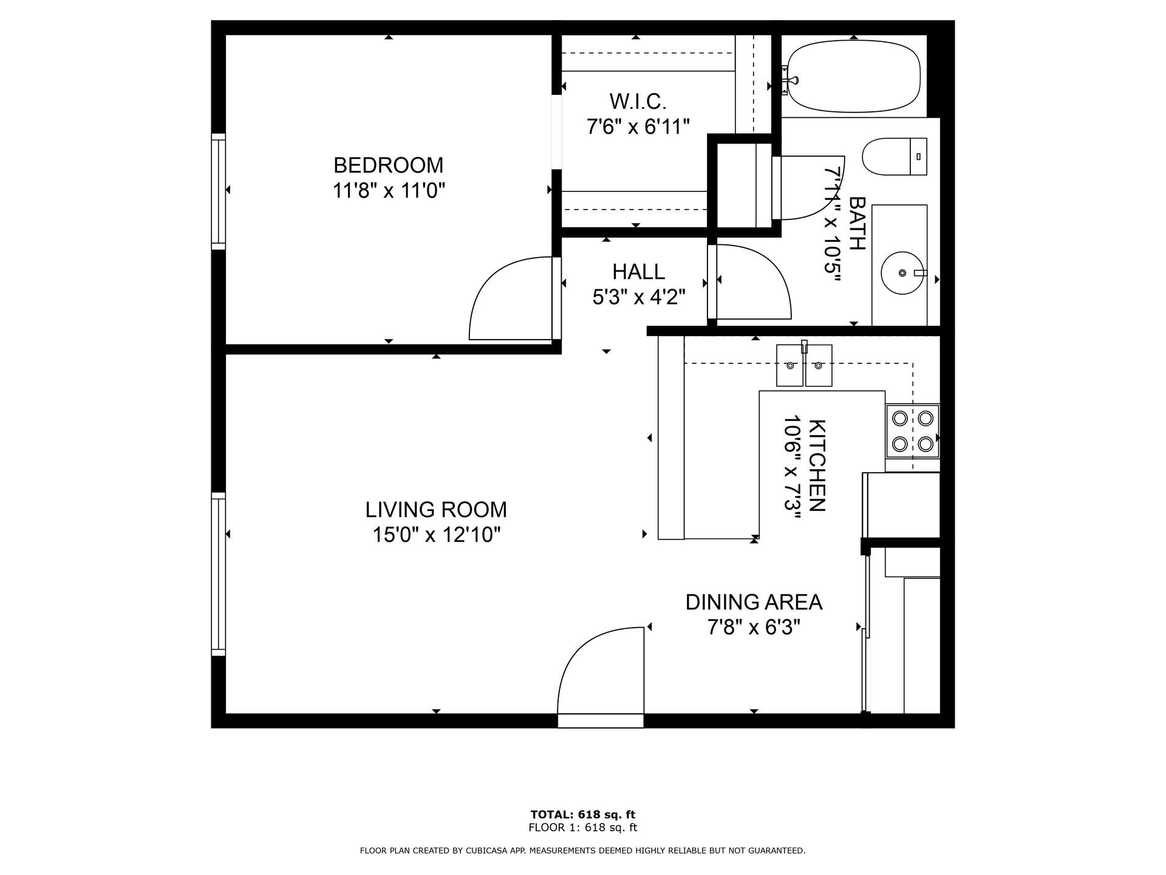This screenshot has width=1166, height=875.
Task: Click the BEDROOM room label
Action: pos(389,165)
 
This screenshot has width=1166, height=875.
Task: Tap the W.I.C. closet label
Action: pos(638,100)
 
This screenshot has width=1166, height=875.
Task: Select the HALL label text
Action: pos(638,271)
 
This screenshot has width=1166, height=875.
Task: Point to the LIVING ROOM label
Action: pos(436,509)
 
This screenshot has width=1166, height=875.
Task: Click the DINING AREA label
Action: pos(754,602)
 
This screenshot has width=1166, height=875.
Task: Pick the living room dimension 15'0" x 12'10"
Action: pos(436,535)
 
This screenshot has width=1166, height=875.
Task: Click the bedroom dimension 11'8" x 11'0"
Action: pos(389,191)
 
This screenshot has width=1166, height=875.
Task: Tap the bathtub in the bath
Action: pos(853,76)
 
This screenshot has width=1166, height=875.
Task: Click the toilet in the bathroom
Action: pos(895,156)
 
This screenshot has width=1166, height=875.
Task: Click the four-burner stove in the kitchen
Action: pos(912,431)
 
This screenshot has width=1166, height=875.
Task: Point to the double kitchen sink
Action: pos(805,365)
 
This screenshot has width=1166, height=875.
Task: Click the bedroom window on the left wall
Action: pos(218,191)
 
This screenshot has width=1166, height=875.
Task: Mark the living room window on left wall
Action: pos(218,574)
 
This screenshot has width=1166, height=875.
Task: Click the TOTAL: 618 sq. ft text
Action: pos(583,814)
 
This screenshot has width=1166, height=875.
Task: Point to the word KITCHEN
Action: pos(817,465)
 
